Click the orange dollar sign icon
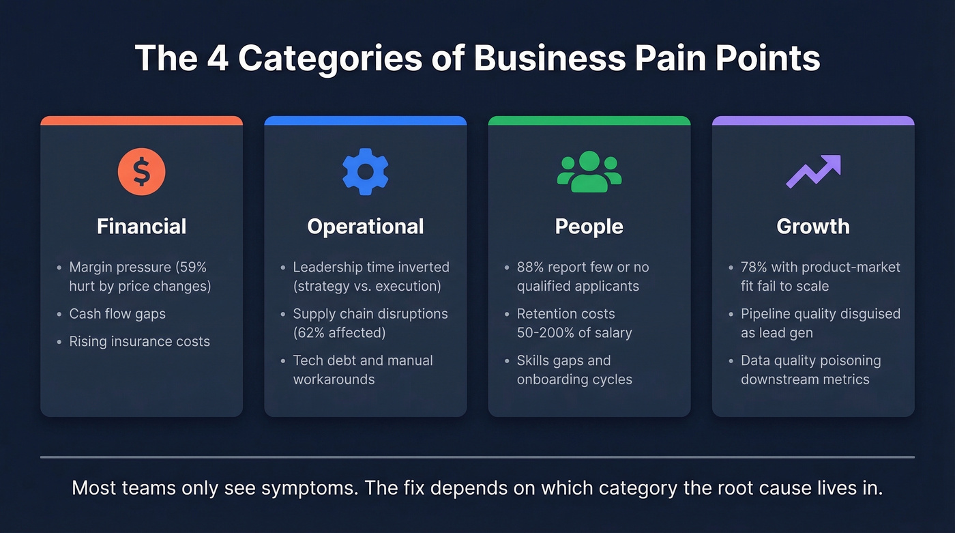tap(141, 171)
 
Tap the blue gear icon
tap(366, 171)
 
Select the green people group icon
tap(589, 171)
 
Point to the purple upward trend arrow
tap(813, 171)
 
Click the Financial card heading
tap(141, 227)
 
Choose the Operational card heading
tap(366, 227)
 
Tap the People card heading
tap(589, 227)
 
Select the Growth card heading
tap(813, 227)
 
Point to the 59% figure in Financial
tap(192, 268)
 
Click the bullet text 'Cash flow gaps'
tap(117, 314)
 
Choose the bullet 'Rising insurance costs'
tap(139, 341)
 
